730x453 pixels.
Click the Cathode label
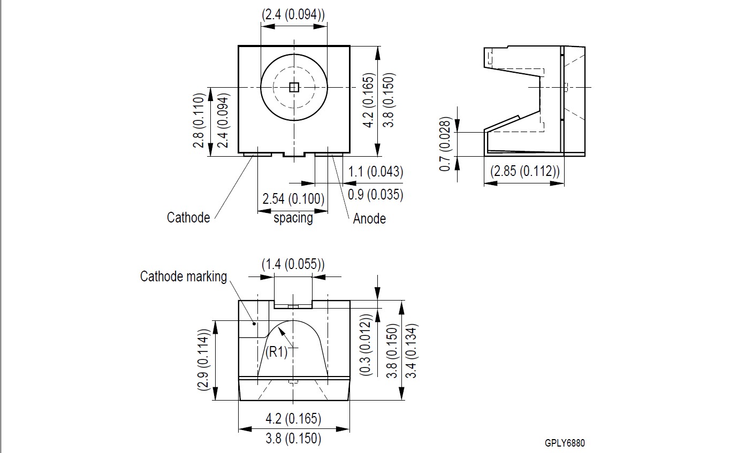tap(188, 218)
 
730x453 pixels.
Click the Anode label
tap(369, 219)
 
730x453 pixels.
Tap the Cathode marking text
tap(183, 277)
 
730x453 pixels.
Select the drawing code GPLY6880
tap(565, 443)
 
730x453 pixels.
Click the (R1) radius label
tap(276, 352)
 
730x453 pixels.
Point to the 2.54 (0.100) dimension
tap(293, 198)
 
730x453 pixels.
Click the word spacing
tap(293, 218)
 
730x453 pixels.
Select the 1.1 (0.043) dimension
tap(375, 171)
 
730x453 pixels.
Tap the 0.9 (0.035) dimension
tap(375, 195)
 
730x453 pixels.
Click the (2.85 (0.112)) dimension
tap(524, 171)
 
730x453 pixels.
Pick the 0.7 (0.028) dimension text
tap(445, 144)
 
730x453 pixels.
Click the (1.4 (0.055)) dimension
tap(293, 264)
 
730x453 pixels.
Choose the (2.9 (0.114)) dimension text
tap(203, 359)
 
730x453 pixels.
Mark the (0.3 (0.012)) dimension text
tap(366, 345)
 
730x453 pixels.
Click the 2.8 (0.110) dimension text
tap(199, 120)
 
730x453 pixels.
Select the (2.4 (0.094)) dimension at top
tap(293, 15)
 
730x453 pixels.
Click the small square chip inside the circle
tap(294, 87)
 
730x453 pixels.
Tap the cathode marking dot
tap(254, 324)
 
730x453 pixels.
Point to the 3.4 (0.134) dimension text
tap(411, 351)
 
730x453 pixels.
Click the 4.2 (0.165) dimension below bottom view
tap(293, 419)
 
